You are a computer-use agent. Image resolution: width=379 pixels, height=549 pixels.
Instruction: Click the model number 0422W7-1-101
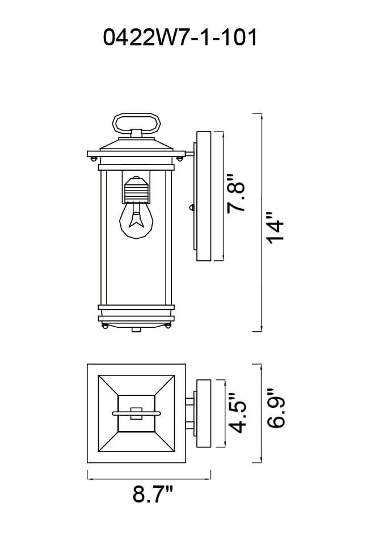[x=180, y=37]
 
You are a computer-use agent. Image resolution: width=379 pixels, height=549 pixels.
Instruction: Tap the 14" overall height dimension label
[x=275, y=227]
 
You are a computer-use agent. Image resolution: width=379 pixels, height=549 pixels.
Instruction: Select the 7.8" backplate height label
[x=235, y=193]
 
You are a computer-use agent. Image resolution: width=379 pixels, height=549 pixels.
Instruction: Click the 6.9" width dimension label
[x=276, y=408]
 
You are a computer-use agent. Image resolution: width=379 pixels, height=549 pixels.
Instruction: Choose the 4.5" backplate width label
[x=238, y=413]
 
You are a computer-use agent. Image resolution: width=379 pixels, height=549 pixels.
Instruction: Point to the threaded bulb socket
[x=136, y=189]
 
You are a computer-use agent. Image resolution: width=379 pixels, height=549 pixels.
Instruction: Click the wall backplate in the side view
[x=204, y=196]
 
